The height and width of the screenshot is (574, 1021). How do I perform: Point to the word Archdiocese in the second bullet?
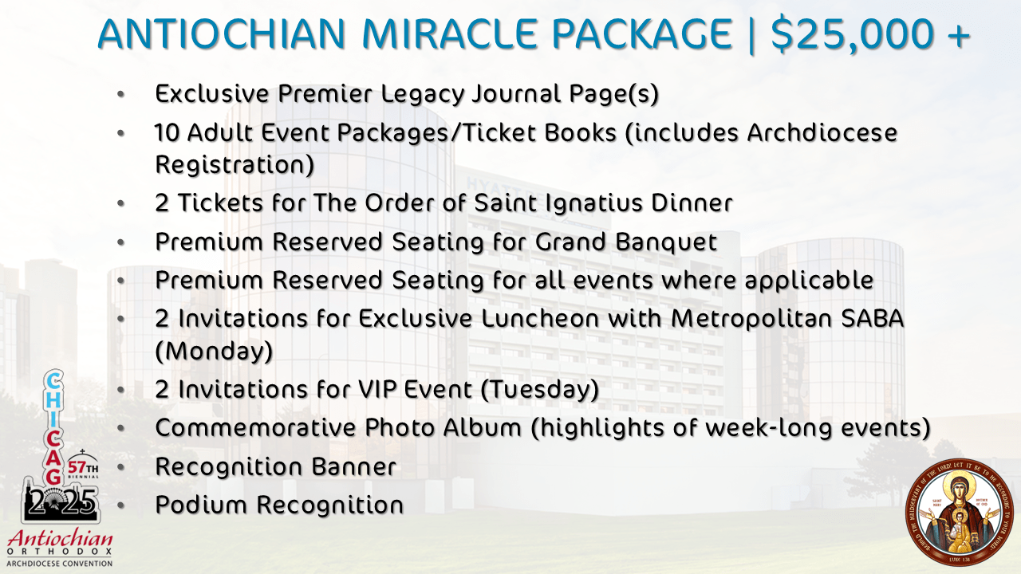point(822,132)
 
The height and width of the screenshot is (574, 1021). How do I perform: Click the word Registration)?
point(235,164)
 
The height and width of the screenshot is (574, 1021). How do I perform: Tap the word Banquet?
point(666,242)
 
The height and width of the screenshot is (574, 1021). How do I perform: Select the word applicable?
point(809,280)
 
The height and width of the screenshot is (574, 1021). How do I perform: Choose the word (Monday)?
point(215,351)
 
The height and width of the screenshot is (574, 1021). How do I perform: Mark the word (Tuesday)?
point(539,390)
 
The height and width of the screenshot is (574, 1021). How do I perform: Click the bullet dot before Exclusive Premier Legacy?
point(120,94)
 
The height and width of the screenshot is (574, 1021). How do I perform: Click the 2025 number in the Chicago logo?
point(61,502)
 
